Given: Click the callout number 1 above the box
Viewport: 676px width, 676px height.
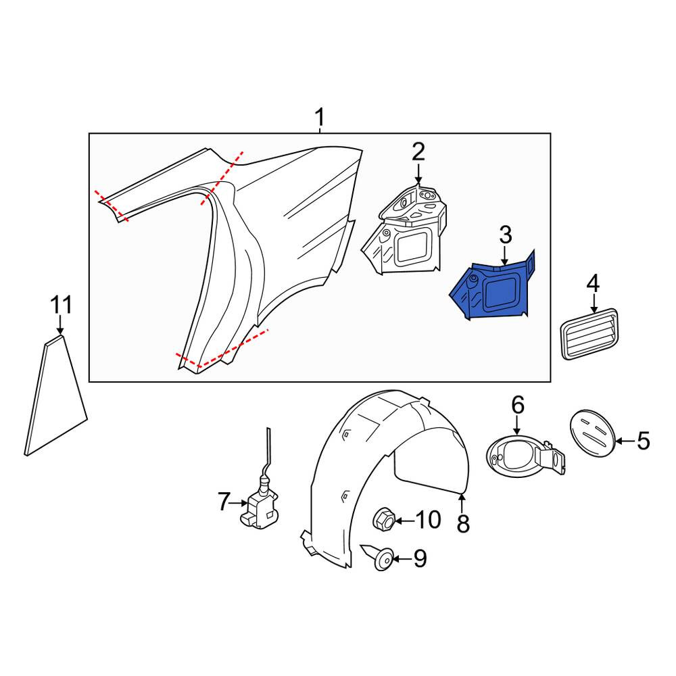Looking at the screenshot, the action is pyautogui.click(x=320, y=117).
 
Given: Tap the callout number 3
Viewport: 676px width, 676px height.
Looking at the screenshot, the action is pyautogui.click(x=505, y=235).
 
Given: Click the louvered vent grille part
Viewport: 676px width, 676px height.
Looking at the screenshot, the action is pyautogui.click(x=589, y=334).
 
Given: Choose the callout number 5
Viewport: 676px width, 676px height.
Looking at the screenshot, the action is pyautogui.click(x=644, y=441).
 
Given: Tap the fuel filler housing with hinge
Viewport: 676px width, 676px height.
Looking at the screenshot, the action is pyautogui.click(x=527, y=456).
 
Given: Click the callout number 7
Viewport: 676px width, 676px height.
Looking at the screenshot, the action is pyautogui.click(x=223, y=502).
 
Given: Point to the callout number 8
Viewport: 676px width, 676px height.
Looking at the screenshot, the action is pyautogui.click(x=462, y=523).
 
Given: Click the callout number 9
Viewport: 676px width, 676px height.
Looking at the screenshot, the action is pyautogui.click(x=420, y=559).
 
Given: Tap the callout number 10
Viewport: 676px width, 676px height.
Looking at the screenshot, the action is pyautogui.click(x=428, y=520).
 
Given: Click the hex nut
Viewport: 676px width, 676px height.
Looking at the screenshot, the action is pyautogui.click(x=384, y=519).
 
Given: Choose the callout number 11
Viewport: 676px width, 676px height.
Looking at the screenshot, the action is pyautogui.click(x=61, y=305).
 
